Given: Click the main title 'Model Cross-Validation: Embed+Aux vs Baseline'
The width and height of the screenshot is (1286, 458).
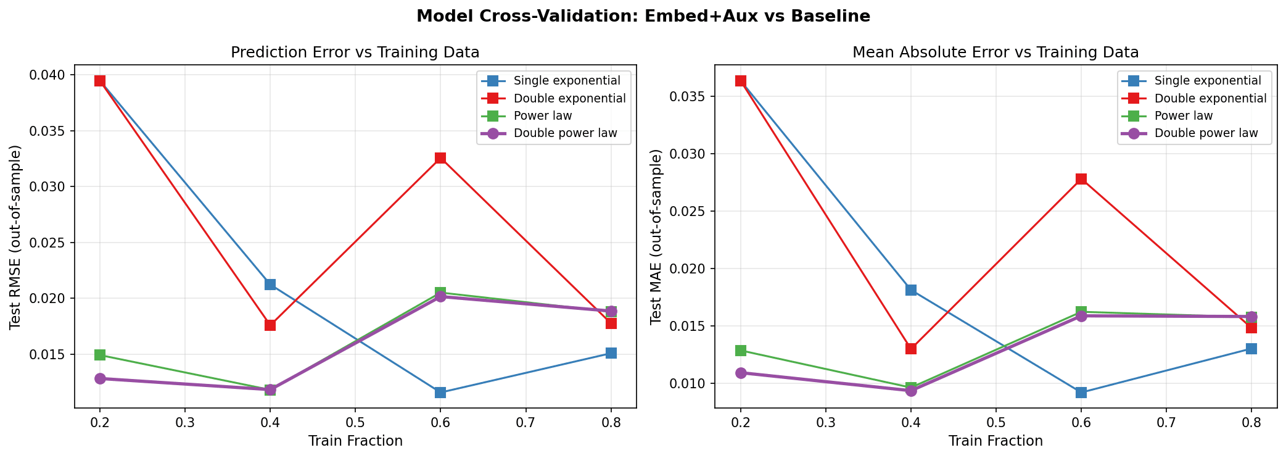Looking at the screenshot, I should [x=643, y=17].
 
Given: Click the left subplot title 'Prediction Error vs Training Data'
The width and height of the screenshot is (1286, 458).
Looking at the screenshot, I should [x=355, y=52].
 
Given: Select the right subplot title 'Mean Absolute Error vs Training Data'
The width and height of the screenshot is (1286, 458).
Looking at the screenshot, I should [x=995, y=52].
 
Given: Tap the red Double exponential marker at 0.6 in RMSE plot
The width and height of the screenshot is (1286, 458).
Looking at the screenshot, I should [x=440, y=158].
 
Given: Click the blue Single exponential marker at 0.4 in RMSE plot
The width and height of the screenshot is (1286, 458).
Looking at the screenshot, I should [x=270, y=285].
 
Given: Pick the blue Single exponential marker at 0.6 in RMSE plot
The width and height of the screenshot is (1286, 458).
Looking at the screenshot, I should [x=440, y=393].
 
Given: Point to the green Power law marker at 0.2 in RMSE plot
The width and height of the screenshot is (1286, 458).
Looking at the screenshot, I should [x=100, y=355].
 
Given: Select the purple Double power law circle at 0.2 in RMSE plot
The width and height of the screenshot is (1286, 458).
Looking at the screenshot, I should [x=100, y=378].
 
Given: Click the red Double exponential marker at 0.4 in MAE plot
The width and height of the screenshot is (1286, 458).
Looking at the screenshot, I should [x=911, y=349].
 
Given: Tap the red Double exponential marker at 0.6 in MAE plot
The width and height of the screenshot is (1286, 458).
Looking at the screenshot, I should [x=1081, y=179].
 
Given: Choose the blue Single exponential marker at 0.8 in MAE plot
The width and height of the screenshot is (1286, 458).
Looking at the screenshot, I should [x=1251, y=349].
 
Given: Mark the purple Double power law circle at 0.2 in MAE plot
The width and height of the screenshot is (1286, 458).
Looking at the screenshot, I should [x=741, y=373].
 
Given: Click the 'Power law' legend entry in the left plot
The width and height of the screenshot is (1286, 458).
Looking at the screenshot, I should [x=542, y=116].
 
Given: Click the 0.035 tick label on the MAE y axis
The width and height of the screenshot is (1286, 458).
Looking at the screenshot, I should [x=690, y=97].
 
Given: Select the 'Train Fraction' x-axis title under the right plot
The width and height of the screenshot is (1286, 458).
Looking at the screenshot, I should [x=995, y=441].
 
